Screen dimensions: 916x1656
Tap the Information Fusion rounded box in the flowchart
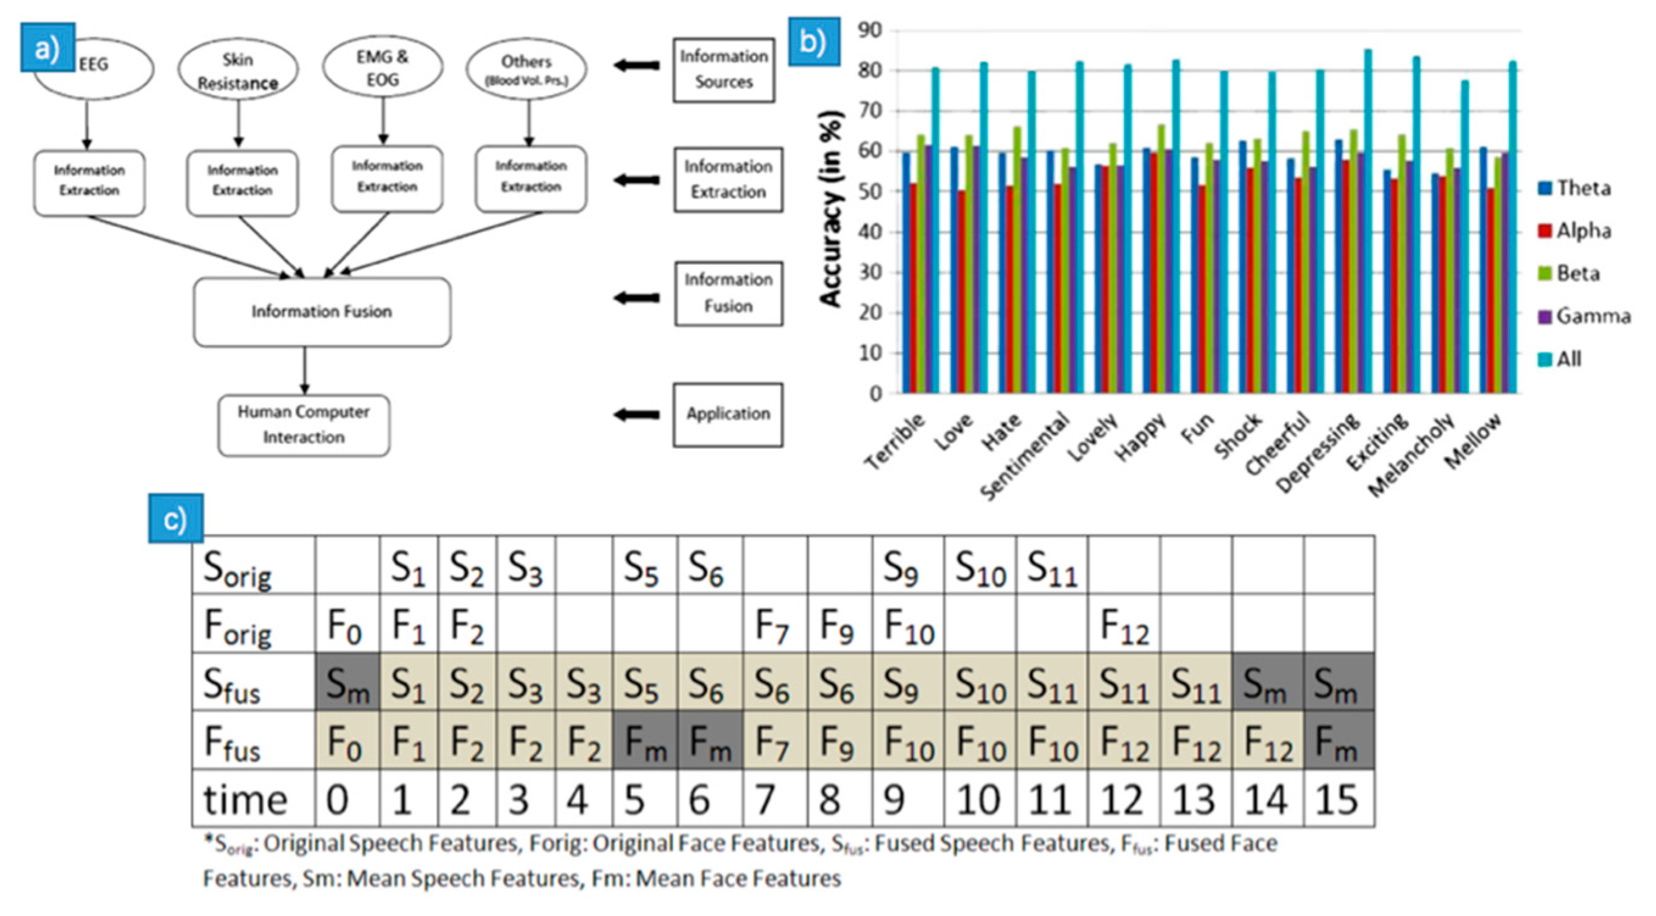pos(322,312)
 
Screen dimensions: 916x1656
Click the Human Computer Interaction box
pos(303,425)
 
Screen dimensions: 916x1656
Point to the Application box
pos(727,414)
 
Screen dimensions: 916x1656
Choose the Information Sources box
pos(724,70)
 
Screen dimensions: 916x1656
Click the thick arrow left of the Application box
pos(637,415)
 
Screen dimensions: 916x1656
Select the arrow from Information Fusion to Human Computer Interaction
pos(305,370)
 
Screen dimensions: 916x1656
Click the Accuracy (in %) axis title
pos(831,209)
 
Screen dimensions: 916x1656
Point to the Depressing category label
pos(1318,454)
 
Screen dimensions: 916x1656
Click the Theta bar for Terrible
pos(907,273)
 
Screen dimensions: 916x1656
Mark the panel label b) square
pos(814,42)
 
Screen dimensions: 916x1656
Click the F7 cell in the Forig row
pos(774,624)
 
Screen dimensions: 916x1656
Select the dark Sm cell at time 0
pos(347,682)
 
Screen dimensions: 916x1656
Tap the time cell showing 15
pos(1339,798)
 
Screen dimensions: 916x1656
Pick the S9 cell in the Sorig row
pos(907,566)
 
